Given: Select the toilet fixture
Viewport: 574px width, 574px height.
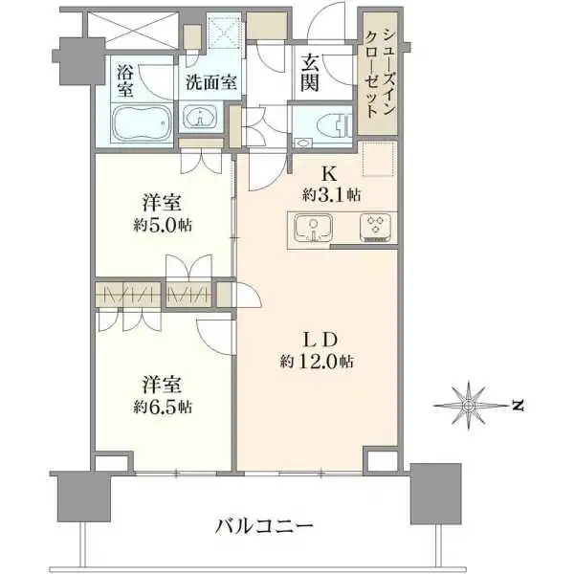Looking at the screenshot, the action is tap(336, 123).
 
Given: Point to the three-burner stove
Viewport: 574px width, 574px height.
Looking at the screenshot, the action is tap(375, 227).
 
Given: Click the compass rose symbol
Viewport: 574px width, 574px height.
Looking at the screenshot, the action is tap(468, 406).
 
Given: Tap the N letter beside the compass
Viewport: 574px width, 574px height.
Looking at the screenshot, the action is tap(518, 406).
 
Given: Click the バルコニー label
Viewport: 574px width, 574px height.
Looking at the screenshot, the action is tap(264, 527).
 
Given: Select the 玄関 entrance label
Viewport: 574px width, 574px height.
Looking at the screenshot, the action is tap(310, 76).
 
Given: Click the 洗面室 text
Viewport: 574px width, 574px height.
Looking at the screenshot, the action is tap(210, 82).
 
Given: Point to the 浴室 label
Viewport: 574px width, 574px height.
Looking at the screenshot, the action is tap(125, 80).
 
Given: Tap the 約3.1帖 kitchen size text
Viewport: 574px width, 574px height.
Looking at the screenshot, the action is tap(331, 195).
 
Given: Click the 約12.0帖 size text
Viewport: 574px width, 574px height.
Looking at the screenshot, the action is tap(317, 362).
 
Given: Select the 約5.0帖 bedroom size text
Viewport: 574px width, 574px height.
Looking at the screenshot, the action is tap(163, 225).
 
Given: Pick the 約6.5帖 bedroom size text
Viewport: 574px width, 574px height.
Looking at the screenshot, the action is tap(163, 407).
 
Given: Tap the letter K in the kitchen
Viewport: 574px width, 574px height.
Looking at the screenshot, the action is tap(329, 174).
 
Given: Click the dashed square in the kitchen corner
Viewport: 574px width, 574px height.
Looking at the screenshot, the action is tap(379, 158).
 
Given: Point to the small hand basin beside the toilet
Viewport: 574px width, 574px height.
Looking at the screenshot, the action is tap(303, 143).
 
